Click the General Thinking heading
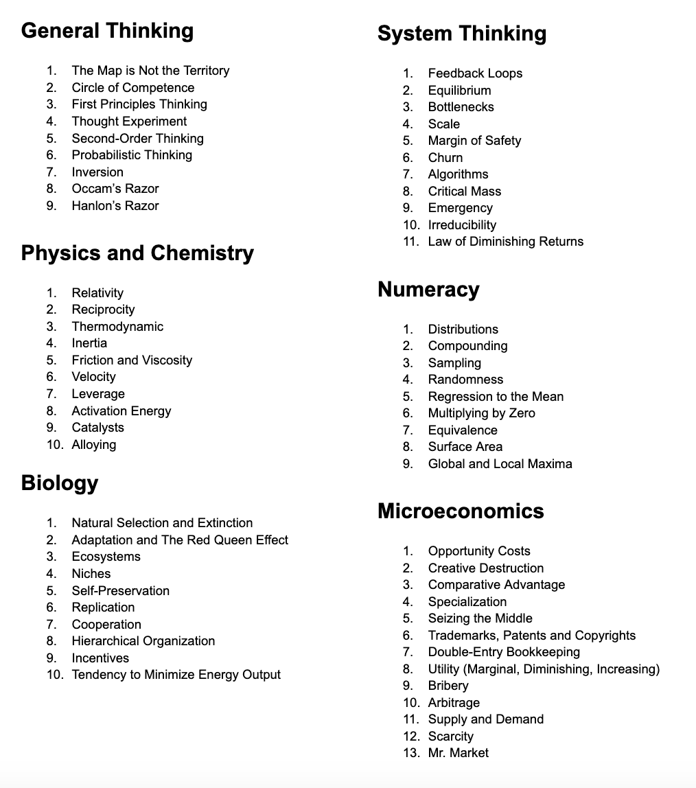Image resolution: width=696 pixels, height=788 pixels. click(x=107, y=31)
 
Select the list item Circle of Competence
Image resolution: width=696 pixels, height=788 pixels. click(x=132, y=88)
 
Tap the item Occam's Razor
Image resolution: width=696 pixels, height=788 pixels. click(x=115, y=189)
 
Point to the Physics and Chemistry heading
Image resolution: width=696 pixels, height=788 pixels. click(x=137, y=253)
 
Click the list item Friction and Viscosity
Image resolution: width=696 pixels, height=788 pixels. click(x=132, y=360)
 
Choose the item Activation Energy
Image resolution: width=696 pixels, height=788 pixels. click(x=121, y=411)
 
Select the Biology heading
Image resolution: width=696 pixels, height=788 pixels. click(x=60, y=483)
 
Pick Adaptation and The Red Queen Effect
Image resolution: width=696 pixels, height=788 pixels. click(x=180, y=540)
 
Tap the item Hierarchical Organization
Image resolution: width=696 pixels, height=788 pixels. click(x=143, y=641)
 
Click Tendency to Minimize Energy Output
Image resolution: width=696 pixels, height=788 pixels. click(x=176, y=675)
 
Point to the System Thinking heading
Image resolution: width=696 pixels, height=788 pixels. click(x=462, y=34)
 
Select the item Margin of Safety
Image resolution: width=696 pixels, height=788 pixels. click(x=474, y=141)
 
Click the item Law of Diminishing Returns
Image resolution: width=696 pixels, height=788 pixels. click(x=505, y=242)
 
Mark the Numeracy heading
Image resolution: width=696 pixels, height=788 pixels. click(x=428, y=290)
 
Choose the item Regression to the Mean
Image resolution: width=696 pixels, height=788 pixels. click(x=496, y=397)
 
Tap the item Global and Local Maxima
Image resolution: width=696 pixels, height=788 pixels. click(x=500, y=464)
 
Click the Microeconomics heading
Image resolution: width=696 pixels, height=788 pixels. click(x=461, y=511)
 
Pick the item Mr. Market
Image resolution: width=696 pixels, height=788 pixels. click(x=458, y=753)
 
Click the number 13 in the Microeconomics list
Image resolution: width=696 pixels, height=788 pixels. click(x=410, y=753)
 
